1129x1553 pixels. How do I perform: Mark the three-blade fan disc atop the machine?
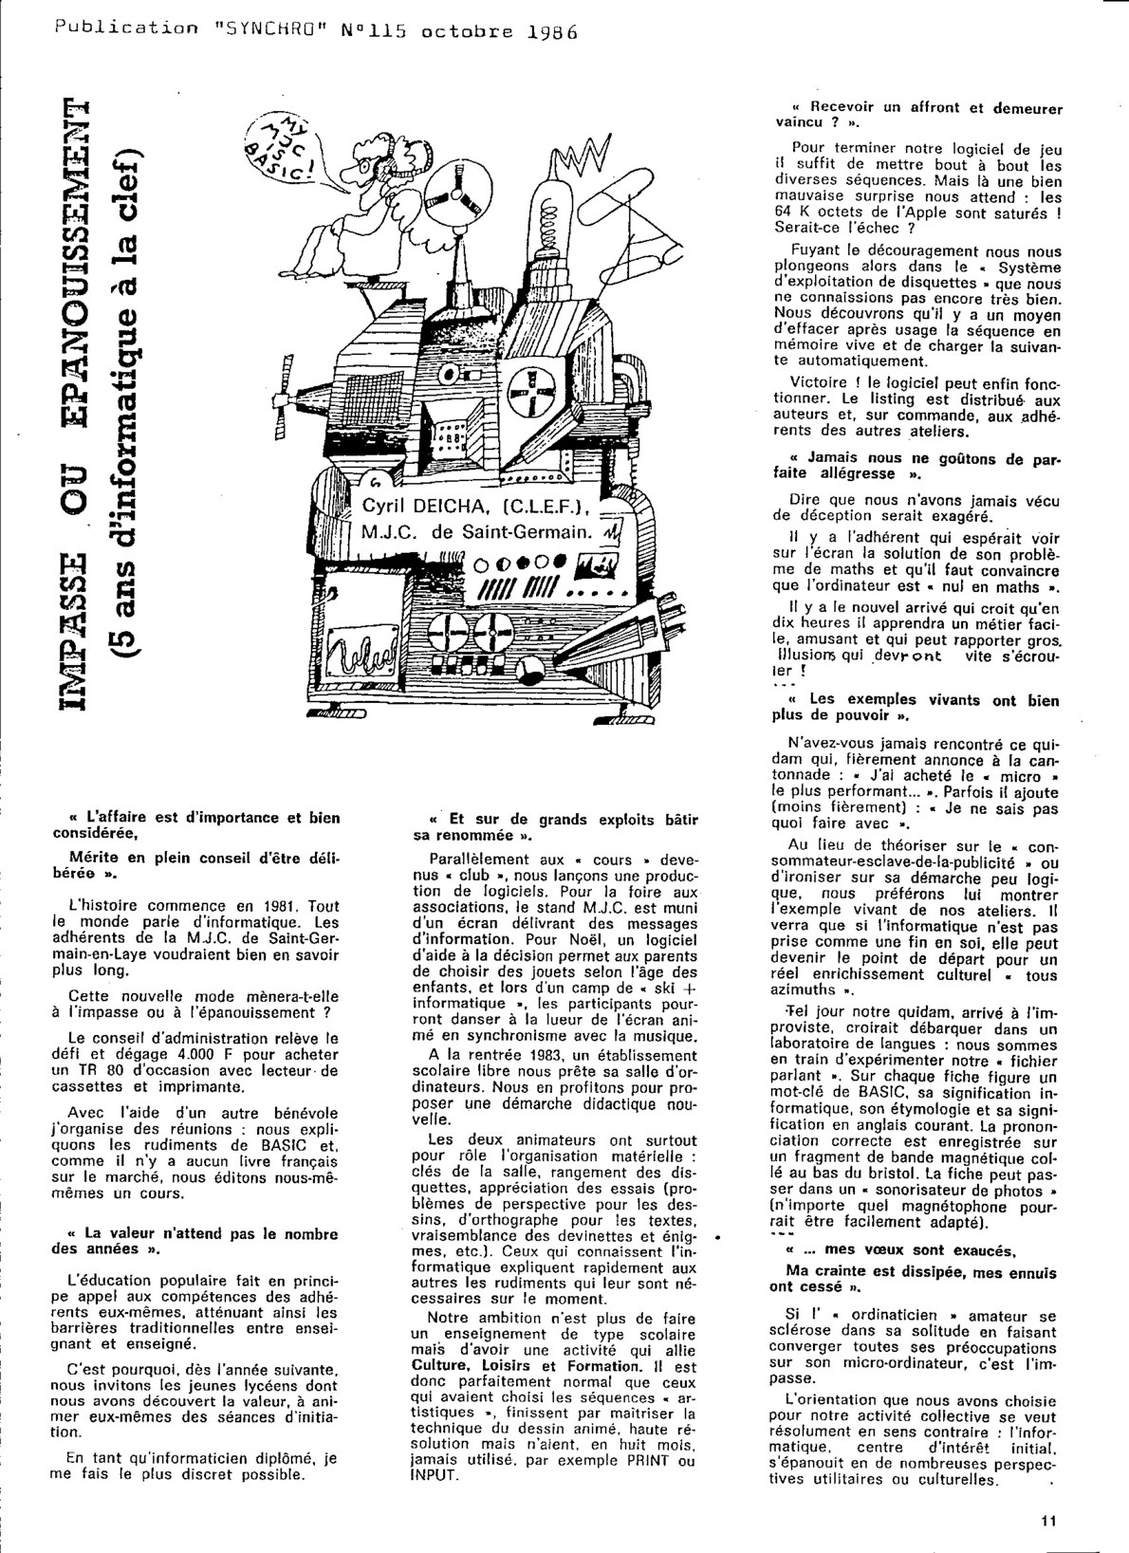(453, 203)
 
